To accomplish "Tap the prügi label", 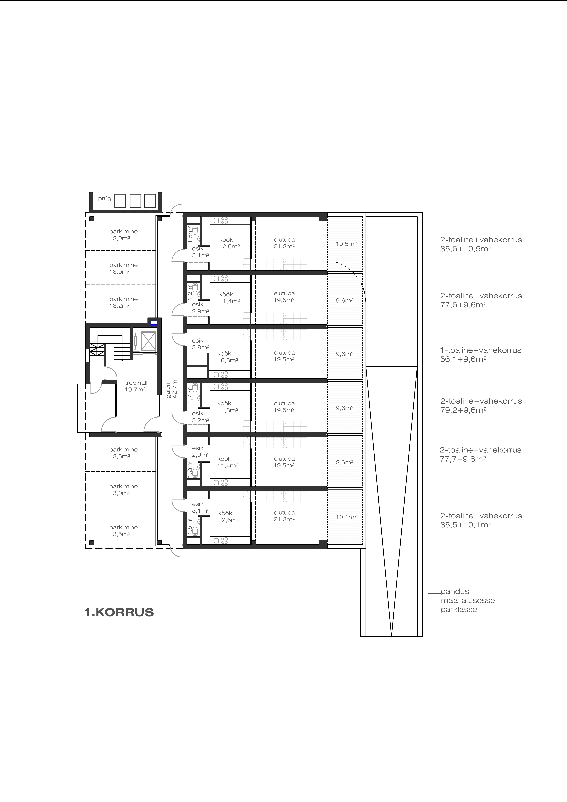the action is tap(105, 198).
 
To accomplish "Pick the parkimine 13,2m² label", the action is tap(123, 302).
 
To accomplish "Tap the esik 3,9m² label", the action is tap(201, 344).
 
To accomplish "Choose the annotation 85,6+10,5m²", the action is tap(466, 249).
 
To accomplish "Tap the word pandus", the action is tap(454, 591).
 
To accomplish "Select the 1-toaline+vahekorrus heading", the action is tap(481, 350).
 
